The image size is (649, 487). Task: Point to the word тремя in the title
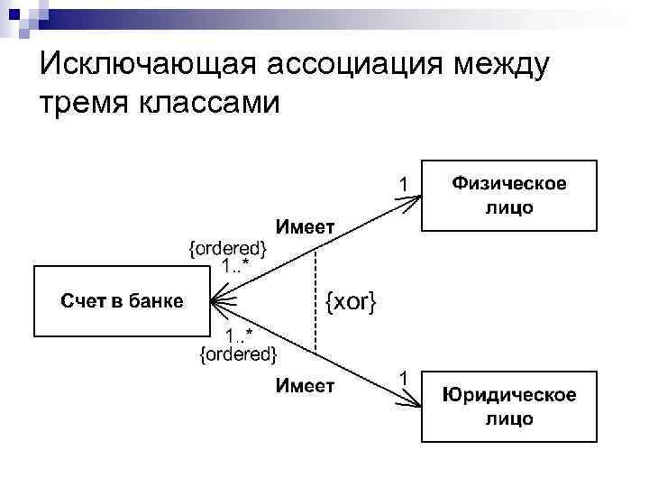coord(83,102)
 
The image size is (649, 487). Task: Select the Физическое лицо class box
coord(509,196)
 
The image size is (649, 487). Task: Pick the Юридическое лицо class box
coord(509,406)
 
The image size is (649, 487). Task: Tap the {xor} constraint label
coord(351,300)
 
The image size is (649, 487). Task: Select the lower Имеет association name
coord(305,386)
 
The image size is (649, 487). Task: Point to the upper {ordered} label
coord(227,247)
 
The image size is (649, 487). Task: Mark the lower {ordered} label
coord(237,354)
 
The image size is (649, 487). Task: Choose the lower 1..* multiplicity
coord(241,336)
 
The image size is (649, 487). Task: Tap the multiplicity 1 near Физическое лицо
coord(405,185)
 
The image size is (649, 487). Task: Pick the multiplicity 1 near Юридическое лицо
coord(405,377)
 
